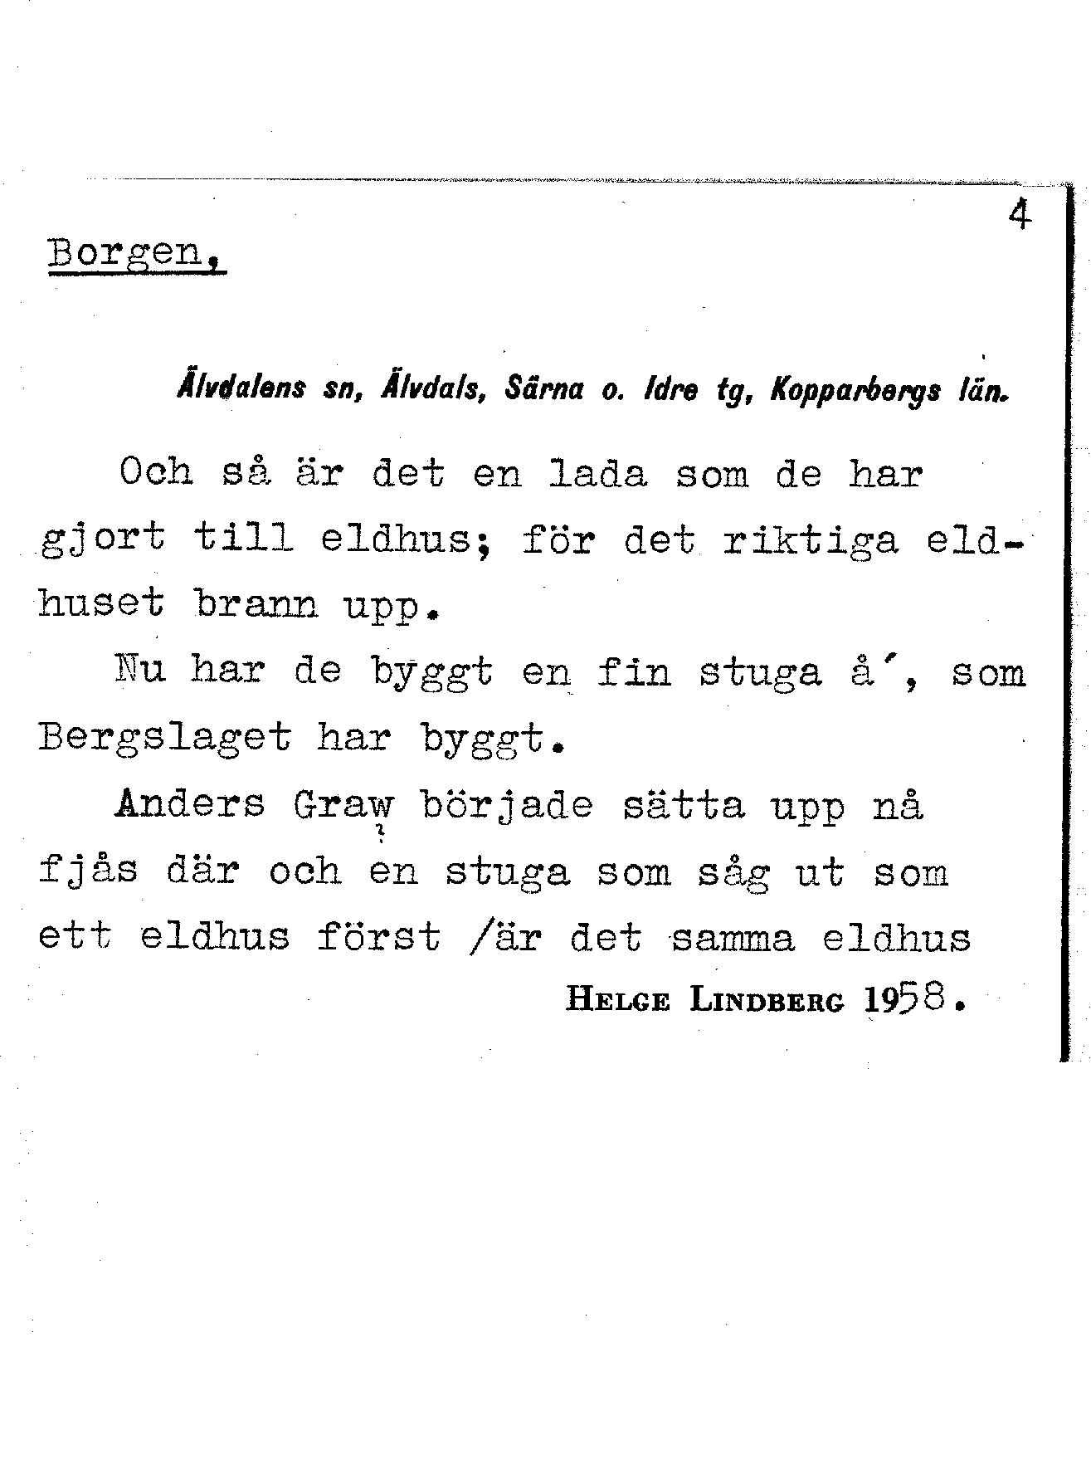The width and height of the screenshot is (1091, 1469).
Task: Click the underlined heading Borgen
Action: [x=134, y=252]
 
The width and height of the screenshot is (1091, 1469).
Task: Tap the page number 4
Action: [x=1020, y=216]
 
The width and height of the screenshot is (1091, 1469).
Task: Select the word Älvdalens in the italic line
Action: [x=241, y=388]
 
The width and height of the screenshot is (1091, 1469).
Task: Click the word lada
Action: [x=597, y=475]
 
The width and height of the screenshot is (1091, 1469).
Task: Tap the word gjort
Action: [x=103, y=540]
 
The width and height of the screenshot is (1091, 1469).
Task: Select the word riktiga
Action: [x=811, y=540]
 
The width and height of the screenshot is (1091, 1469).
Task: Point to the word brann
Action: [x=256, y=605]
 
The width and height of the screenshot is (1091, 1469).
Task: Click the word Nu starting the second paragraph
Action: [x=139, y=670]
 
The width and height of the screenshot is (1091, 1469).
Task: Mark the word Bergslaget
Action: [x=164, y=738]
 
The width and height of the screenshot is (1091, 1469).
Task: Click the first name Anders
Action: [x=190, y=803]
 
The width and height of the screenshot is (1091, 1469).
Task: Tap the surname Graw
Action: [x=343, y=805]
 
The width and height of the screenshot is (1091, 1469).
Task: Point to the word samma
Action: [x=732, y=939]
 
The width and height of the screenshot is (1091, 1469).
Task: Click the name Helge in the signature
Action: [x=617, y=1001]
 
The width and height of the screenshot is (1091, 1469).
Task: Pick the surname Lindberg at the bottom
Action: [x=767, y=1001]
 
